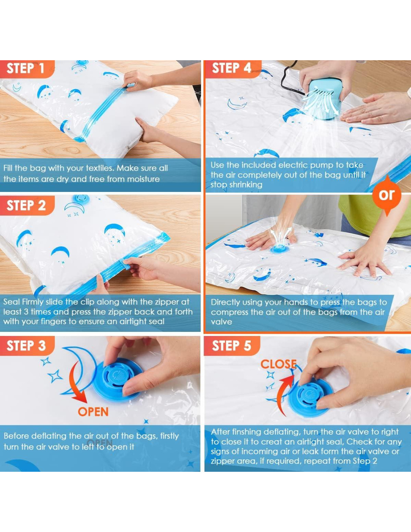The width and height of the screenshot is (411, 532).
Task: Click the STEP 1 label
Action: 25,68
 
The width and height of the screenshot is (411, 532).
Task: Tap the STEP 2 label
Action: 26,205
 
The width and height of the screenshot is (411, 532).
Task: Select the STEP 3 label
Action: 26,346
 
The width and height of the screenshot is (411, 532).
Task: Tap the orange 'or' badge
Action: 387,195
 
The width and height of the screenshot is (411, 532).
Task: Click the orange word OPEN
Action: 93,412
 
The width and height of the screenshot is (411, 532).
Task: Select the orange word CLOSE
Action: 278,364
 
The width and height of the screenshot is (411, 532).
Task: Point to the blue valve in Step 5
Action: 310,395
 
